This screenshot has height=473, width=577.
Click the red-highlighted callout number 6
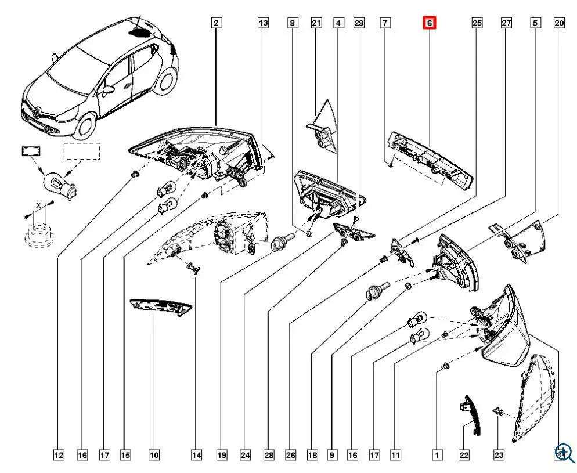(x=429, y=23)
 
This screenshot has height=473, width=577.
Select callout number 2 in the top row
(x=216, y=23)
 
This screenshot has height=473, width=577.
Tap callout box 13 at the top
(x=264, y=23)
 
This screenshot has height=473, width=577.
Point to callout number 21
(x=316, y=23)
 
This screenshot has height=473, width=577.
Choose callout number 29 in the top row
(x=359, y=23)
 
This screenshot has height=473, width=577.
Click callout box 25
(x=477, y=23)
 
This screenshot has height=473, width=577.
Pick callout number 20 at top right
(x=559, y=23)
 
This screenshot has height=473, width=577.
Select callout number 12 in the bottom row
(x=59, y=456)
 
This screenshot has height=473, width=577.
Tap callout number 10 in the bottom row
(x=153, y=456)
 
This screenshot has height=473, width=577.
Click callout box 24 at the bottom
(x=246, y=456)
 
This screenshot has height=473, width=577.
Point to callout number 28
(x=268, y=456)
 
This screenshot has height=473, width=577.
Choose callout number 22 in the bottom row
(x=464, y=456)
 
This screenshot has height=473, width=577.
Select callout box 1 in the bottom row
(x=437, y=456)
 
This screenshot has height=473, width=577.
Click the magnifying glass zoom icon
(x=564, y=453)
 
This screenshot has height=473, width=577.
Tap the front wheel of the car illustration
(x=87, y=124)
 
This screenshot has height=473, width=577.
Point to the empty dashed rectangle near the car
(x=82, y=151)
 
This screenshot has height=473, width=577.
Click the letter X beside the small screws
(x=38, y=205)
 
